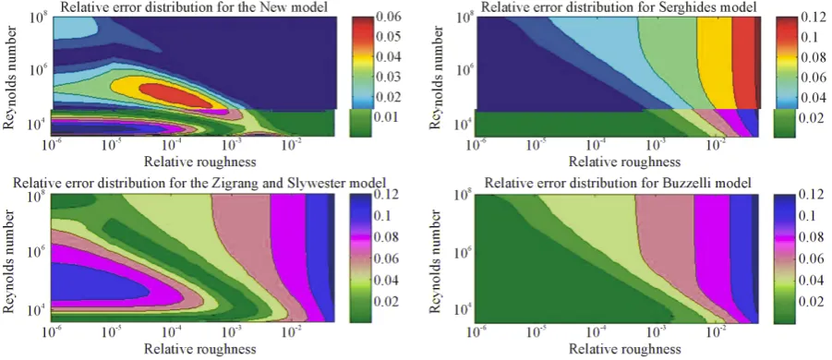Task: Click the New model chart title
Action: (x=195, y=7)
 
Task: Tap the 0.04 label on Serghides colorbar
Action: (x=814, y=98)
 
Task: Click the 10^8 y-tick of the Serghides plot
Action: (x=466, y=18)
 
